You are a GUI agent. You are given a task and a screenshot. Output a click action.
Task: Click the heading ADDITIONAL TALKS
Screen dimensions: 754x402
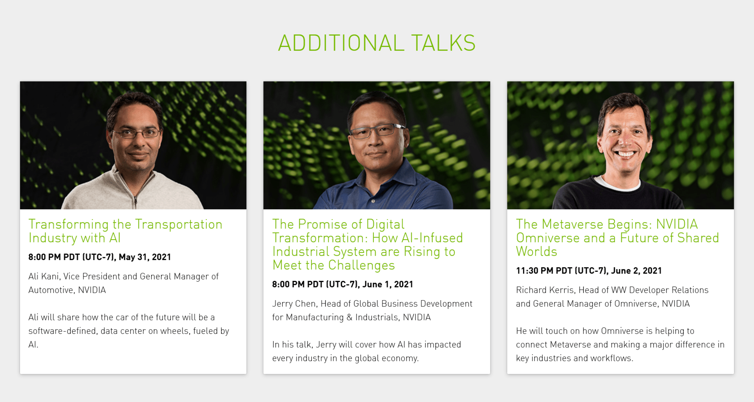(x=377, y=43)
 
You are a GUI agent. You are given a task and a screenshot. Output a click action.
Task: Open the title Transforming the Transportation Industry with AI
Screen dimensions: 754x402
(x=125, y=231)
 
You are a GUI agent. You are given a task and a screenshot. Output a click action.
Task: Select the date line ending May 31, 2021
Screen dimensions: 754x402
(x=100, y=257)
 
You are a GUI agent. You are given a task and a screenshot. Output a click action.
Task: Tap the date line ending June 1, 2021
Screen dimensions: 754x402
(x=342, y=284)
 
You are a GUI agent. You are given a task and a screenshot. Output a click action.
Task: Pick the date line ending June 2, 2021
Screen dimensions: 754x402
(x=589, y=271)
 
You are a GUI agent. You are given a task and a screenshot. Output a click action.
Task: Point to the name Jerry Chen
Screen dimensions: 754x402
(x=294, y=304)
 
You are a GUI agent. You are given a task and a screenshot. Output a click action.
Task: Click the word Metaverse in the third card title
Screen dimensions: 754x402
(x=573, y=224)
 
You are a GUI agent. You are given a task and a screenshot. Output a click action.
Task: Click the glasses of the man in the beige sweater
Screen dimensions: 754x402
(x=136, y=133)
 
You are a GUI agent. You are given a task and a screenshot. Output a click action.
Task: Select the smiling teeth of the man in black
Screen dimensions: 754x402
(x=625, y=154)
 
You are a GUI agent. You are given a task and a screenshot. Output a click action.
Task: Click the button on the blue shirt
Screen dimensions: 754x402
(x=373, y=201)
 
